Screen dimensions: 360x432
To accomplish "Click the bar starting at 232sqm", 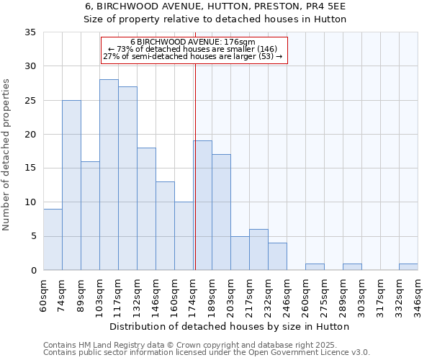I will point(277,256).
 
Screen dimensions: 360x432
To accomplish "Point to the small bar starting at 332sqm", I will point(408,266).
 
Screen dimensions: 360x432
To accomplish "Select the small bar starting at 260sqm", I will point(315,266).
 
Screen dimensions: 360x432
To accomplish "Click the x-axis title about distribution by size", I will point(230,326).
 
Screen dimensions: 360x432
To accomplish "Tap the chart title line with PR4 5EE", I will point(215,6).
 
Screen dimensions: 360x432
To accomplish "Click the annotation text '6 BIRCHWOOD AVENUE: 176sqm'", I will point(193,42).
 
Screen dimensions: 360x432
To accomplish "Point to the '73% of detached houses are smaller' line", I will point(193,49).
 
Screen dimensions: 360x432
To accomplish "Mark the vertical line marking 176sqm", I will point(195,166).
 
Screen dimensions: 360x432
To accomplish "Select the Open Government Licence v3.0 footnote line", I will point(207,353).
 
